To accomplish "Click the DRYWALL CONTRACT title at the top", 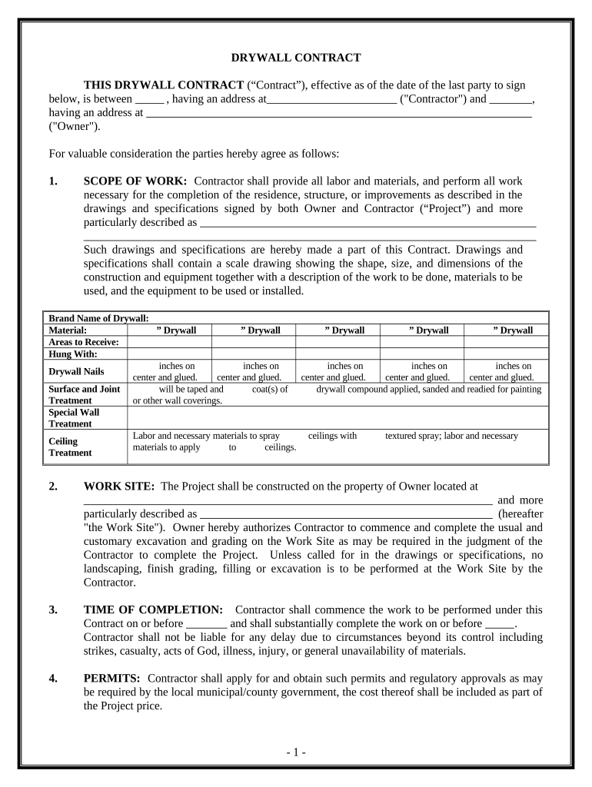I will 296,58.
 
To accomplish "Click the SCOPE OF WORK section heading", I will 135,181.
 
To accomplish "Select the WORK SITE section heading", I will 119,486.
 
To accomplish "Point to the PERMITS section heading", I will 111,678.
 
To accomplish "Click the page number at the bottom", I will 296,752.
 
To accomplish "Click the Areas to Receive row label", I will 84,342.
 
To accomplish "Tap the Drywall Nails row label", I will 77,371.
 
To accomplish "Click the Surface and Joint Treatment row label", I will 85,394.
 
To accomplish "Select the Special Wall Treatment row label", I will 74,417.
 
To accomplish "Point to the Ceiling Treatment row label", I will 70,447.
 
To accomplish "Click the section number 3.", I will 52,609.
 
